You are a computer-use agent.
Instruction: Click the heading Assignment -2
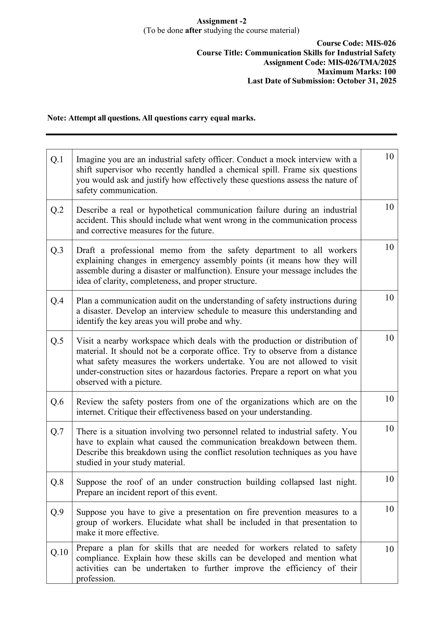coord(221,21)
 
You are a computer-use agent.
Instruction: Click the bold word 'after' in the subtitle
coord(193,30)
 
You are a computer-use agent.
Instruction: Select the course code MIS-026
coord(380,43)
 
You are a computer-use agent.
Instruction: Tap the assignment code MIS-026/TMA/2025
coord(362,63)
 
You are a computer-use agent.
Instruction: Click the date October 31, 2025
coord(366,81)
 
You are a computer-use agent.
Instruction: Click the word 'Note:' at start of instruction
coord(57,118)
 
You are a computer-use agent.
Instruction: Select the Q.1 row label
coord(57,160)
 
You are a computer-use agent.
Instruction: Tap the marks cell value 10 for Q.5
coord(389,338)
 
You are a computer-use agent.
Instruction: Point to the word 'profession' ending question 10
coord(95,579)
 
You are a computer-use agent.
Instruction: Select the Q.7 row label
coord(57,432)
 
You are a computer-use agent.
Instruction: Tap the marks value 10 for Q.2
coord(389,207)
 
